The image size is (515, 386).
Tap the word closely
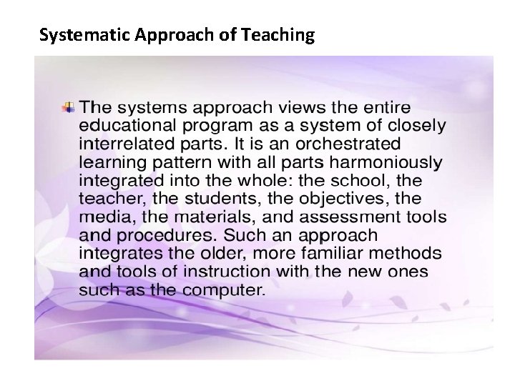(411, 127)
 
